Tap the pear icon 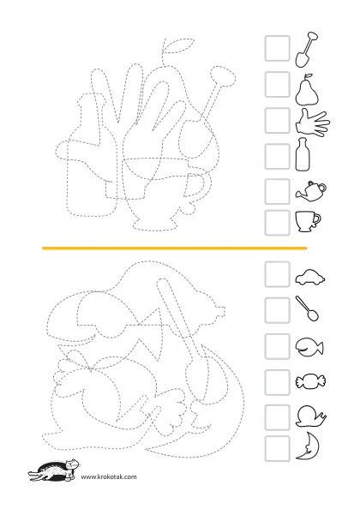pos(307,92)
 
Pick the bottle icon pos(303,154)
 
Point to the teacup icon pos(308,221)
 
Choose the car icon pos(309,278)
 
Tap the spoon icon pos(307,308)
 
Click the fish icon pos(309,347)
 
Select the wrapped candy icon pos(310,380)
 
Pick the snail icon pos(310,416)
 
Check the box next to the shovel pos(277,48)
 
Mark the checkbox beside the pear pos(277,84)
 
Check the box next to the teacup pos(277,223)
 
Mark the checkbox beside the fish pos(277,346)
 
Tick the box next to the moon pos(277,449)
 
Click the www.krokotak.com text pos(109,476)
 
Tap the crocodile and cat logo pos(54,470)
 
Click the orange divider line pos(174,249)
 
